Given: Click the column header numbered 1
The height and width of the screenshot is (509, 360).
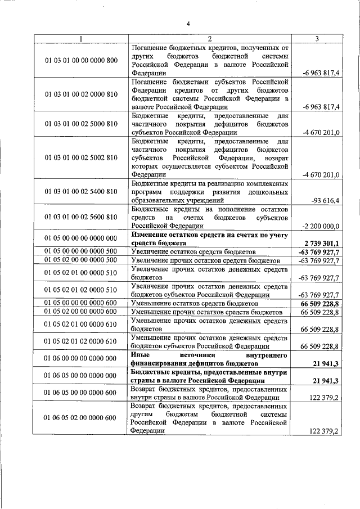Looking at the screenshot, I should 81,39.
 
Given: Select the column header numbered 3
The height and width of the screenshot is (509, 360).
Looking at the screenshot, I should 317,39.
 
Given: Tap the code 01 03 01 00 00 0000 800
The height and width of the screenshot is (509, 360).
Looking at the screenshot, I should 81,60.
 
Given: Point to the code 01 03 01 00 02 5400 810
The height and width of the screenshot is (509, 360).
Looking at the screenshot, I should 81,192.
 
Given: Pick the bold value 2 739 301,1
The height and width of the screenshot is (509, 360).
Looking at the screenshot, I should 321,243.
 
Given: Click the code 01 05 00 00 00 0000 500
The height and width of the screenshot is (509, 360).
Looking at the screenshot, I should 81,252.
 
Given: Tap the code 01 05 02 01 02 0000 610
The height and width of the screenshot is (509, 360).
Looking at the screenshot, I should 81,341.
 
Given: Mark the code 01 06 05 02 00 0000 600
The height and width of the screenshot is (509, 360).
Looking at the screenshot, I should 81,417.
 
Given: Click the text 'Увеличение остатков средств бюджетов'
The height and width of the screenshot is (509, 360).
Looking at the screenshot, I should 193,252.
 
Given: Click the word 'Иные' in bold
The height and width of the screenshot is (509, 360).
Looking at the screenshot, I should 141,355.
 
